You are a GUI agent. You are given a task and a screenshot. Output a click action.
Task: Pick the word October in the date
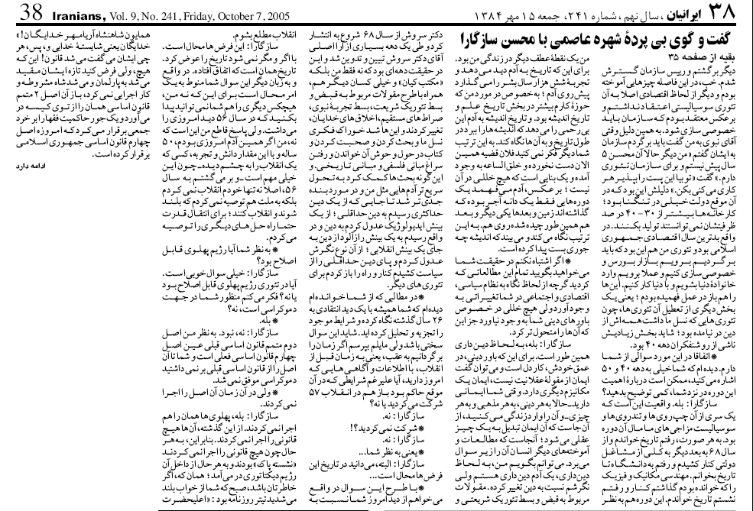coord(231,12)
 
